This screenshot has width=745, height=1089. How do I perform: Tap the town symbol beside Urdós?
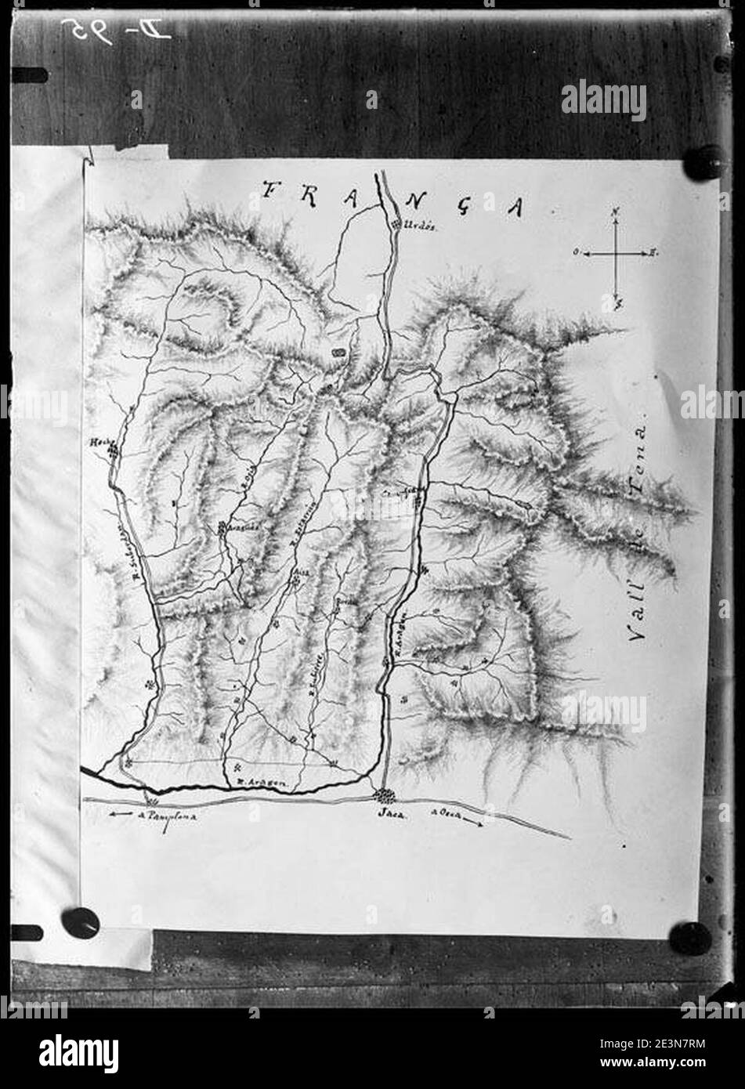(395, 226)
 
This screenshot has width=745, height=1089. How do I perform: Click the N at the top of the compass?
(617, 212)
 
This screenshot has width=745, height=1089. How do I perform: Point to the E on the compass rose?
(653, 253)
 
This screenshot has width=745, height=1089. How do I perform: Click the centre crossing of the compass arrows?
(617, 254)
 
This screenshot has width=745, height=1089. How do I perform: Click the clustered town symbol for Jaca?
(384, 797)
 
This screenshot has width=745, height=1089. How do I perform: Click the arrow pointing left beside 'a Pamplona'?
(120, 816)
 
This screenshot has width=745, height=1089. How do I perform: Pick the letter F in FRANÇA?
(273, 190)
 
